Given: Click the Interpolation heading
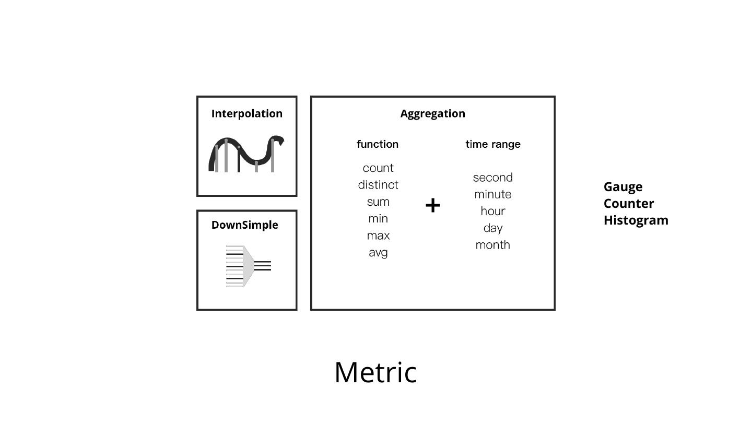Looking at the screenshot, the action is [246, 114].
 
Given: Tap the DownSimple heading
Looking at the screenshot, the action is [244, 225].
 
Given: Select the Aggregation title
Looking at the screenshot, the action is [432, 114].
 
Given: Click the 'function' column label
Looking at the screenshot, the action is [378, 144].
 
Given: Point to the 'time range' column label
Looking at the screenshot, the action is [493, 144].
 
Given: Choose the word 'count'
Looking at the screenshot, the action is [378, 168].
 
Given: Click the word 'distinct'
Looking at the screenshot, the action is [378, 185].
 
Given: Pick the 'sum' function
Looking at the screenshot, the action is [378, 202].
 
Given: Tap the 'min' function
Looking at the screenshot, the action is [378, 219].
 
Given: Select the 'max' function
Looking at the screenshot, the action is [378, 236].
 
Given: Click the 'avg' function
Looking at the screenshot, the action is [378, 253].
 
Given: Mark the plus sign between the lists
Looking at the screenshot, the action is [433, 205].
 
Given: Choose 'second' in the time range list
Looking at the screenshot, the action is [493, 178].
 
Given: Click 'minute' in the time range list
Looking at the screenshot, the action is [493, 194].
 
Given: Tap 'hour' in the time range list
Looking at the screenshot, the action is [493, 211].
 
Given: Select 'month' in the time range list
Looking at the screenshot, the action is [493, 245].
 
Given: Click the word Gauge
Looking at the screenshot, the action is [623, 187].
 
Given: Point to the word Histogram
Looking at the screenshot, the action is [636, 220].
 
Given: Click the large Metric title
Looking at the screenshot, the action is [375, 372].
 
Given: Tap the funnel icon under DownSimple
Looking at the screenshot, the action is [248, 266].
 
